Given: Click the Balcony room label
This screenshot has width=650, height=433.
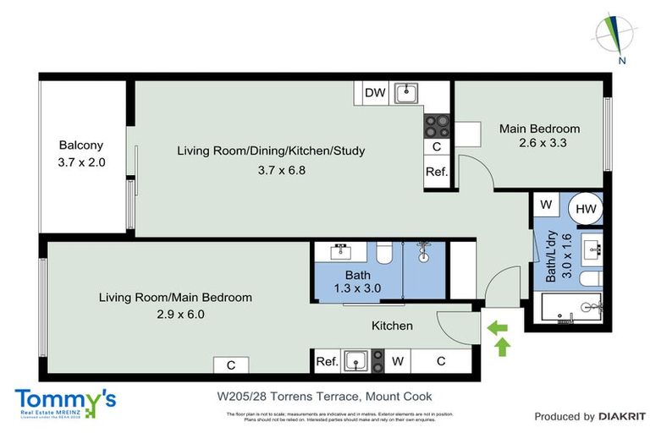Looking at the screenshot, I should [x=80, y=145].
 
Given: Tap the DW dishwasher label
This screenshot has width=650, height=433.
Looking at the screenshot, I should [x=373, y=93].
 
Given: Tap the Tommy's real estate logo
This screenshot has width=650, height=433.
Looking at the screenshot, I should [x=65, y=401].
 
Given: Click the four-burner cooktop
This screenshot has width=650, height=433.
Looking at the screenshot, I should [x=436, y=126].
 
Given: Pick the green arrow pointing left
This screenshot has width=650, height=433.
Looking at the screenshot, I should [x=499, y=325].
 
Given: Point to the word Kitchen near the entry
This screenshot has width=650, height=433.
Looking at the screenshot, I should [x=393, y=326].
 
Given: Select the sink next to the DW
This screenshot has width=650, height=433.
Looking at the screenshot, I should [x=406, y=91].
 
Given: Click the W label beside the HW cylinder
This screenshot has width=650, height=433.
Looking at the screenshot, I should [x=546, y=205].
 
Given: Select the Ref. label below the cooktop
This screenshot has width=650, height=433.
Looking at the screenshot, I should [x=436, y=173].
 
